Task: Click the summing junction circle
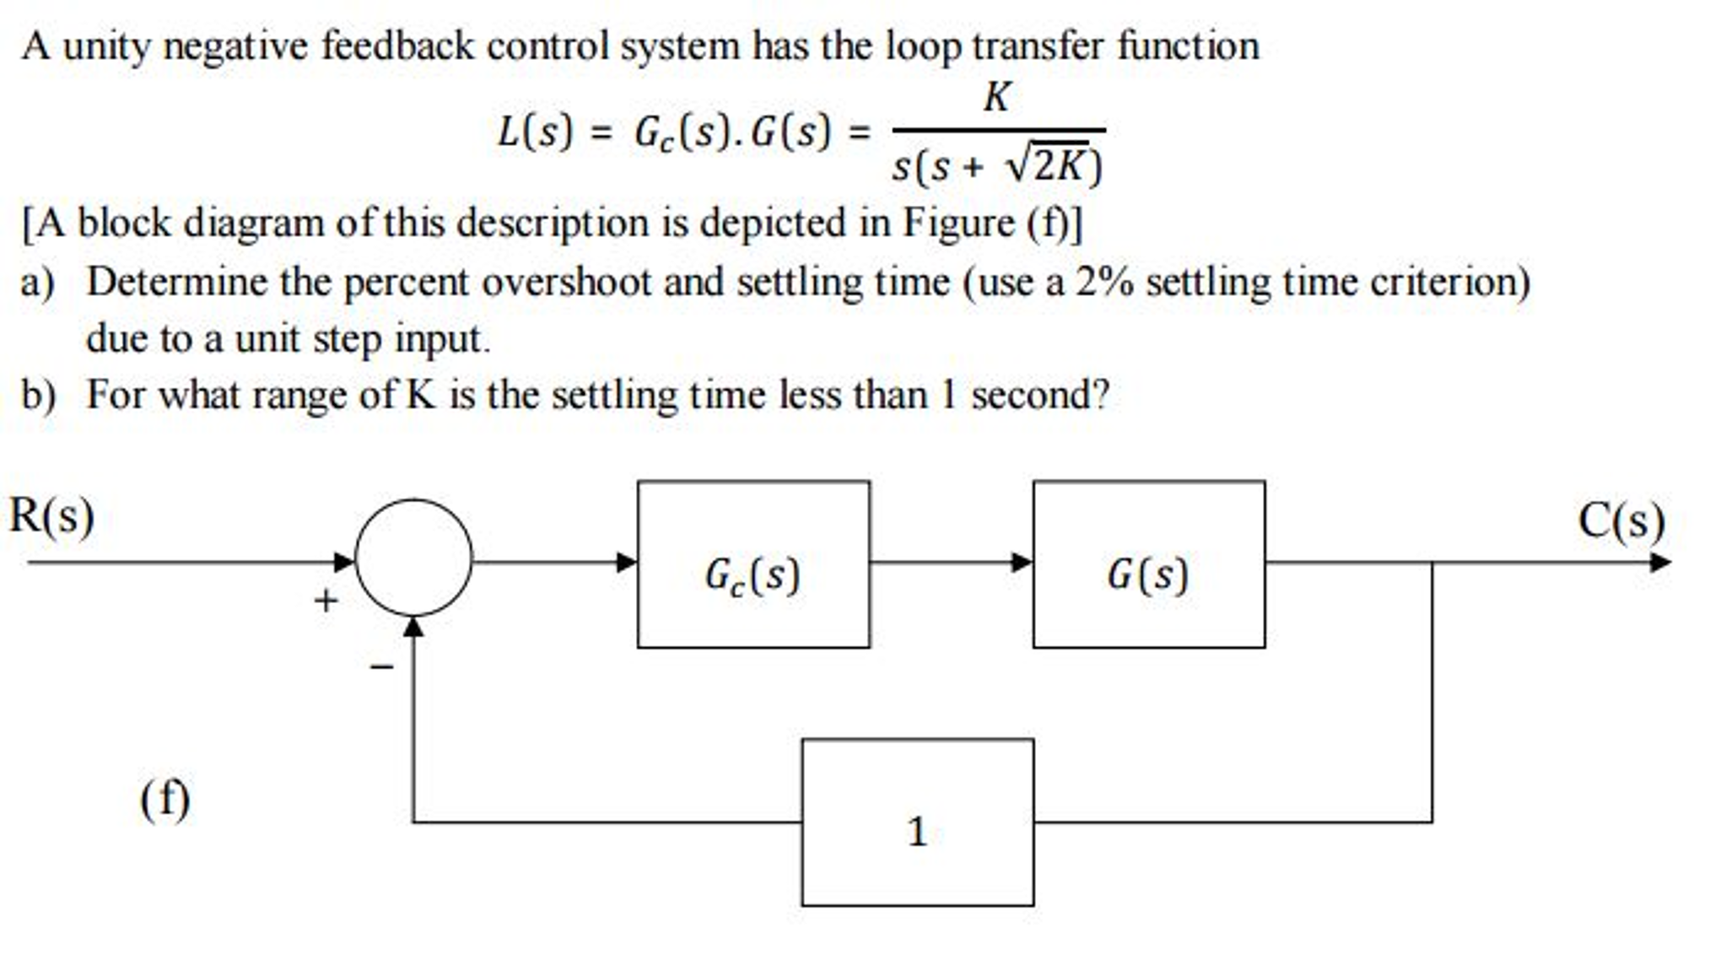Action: click(x=413, y=558)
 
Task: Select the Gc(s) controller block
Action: click(x=753, y=564)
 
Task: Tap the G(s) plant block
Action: click(x=1148, y=564)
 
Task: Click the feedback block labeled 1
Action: click(x=917, y=822)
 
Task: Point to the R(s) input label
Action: click(x=51, y=515)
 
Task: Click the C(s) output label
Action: click(x=1621, y=520)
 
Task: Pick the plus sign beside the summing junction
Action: click(x=326, y=601)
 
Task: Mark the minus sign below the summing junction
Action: click(x=381, y=667)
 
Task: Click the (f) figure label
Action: click(x=165, y=798)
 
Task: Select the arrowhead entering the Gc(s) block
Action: click(x=627, y=562)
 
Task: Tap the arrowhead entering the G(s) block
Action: click(x=1022, y=562)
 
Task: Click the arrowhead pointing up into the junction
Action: click(x=413, y=627)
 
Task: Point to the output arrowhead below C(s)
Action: click(x=1660, y=562)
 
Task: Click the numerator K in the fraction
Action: click(x=996, y=98)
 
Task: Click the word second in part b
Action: click(x=1030, y=395)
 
